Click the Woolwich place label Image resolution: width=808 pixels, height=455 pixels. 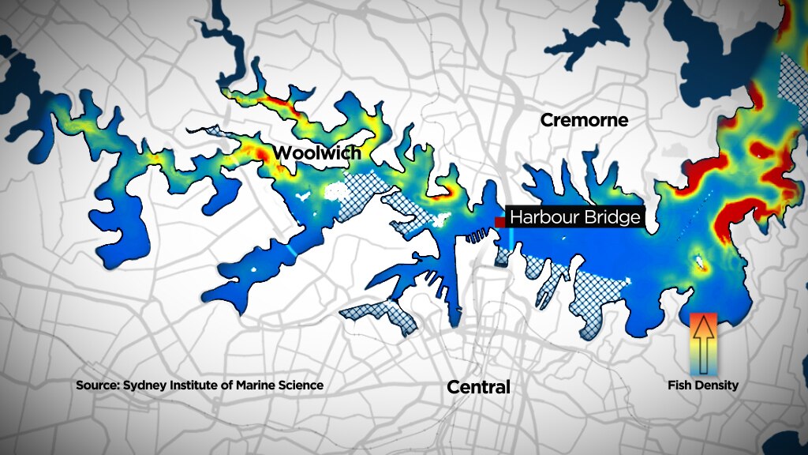(317, 152)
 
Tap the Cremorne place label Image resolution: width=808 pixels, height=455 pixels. (584, 120)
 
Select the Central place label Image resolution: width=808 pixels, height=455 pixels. (478, 387)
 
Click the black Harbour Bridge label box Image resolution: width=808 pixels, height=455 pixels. (574, 216)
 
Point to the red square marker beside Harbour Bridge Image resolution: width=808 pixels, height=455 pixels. (499, 223)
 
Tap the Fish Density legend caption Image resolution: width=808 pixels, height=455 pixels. (703, 385)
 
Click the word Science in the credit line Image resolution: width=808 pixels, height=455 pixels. (299, 385)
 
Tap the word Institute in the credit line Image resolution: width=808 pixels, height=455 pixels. (191, 385)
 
